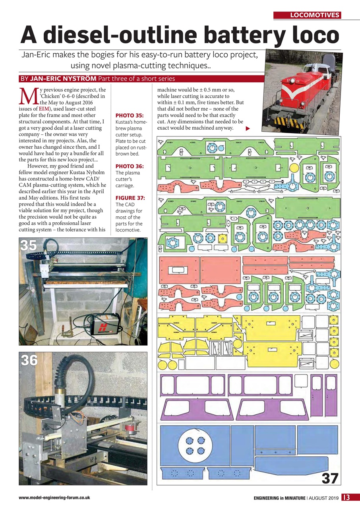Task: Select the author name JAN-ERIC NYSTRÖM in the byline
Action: [63, 79]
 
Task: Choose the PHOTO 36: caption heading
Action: [129, 166]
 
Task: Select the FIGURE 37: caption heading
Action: [130, 198]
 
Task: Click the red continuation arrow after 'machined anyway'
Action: [248, 128]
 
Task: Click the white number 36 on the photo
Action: [29, 360]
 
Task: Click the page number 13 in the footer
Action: [346, 497]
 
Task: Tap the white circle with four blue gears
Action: [195, 445]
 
